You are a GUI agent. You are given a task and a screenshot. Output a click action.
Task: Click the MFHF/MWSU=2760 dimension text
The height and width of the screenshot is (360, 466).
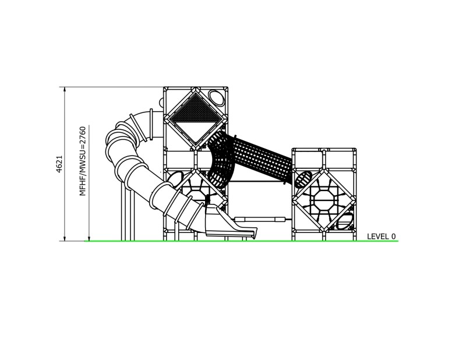pos(83,160)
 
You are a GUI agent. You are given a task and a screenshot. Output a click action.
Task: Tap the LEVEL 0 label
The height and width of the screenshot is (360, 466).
pos(382,236)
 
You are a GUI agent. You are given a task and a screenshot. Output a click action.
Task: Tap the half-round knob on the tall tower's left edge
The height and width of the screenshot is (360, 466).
pos(161,103)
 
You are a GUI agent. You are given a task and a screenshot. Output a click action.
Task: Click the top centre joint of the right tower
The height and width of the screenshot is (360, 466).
pos(324,150)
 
